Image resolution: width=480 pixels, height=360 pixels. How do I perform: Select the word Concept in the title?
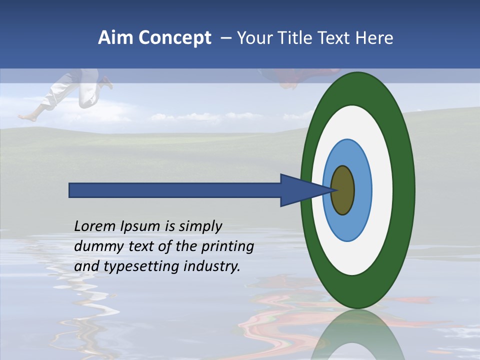pyautogui.click(x=174, y=38)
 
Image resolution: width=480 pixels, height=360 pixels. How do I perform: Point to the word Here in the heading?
pyautogui.click(x=374, y=38)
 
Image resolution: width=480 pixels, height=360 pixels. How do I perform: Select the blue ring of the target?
pyautogui.click(x=362, y=190)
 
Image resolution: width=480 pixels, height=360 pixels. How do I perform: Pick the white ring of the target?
pyautogui.click(x=382, y=190)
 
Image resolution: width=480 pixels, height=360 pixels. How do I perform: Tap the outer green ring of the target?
pyautogui.click(x=404, y=190)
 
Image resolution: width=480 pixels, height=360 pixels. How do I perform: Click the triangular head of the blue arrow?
pyautogui.click(x=300, y=190)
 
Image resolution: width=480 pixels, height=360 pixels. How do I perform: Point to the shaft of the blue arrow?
pyautogui.click(x=175, y=190)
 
